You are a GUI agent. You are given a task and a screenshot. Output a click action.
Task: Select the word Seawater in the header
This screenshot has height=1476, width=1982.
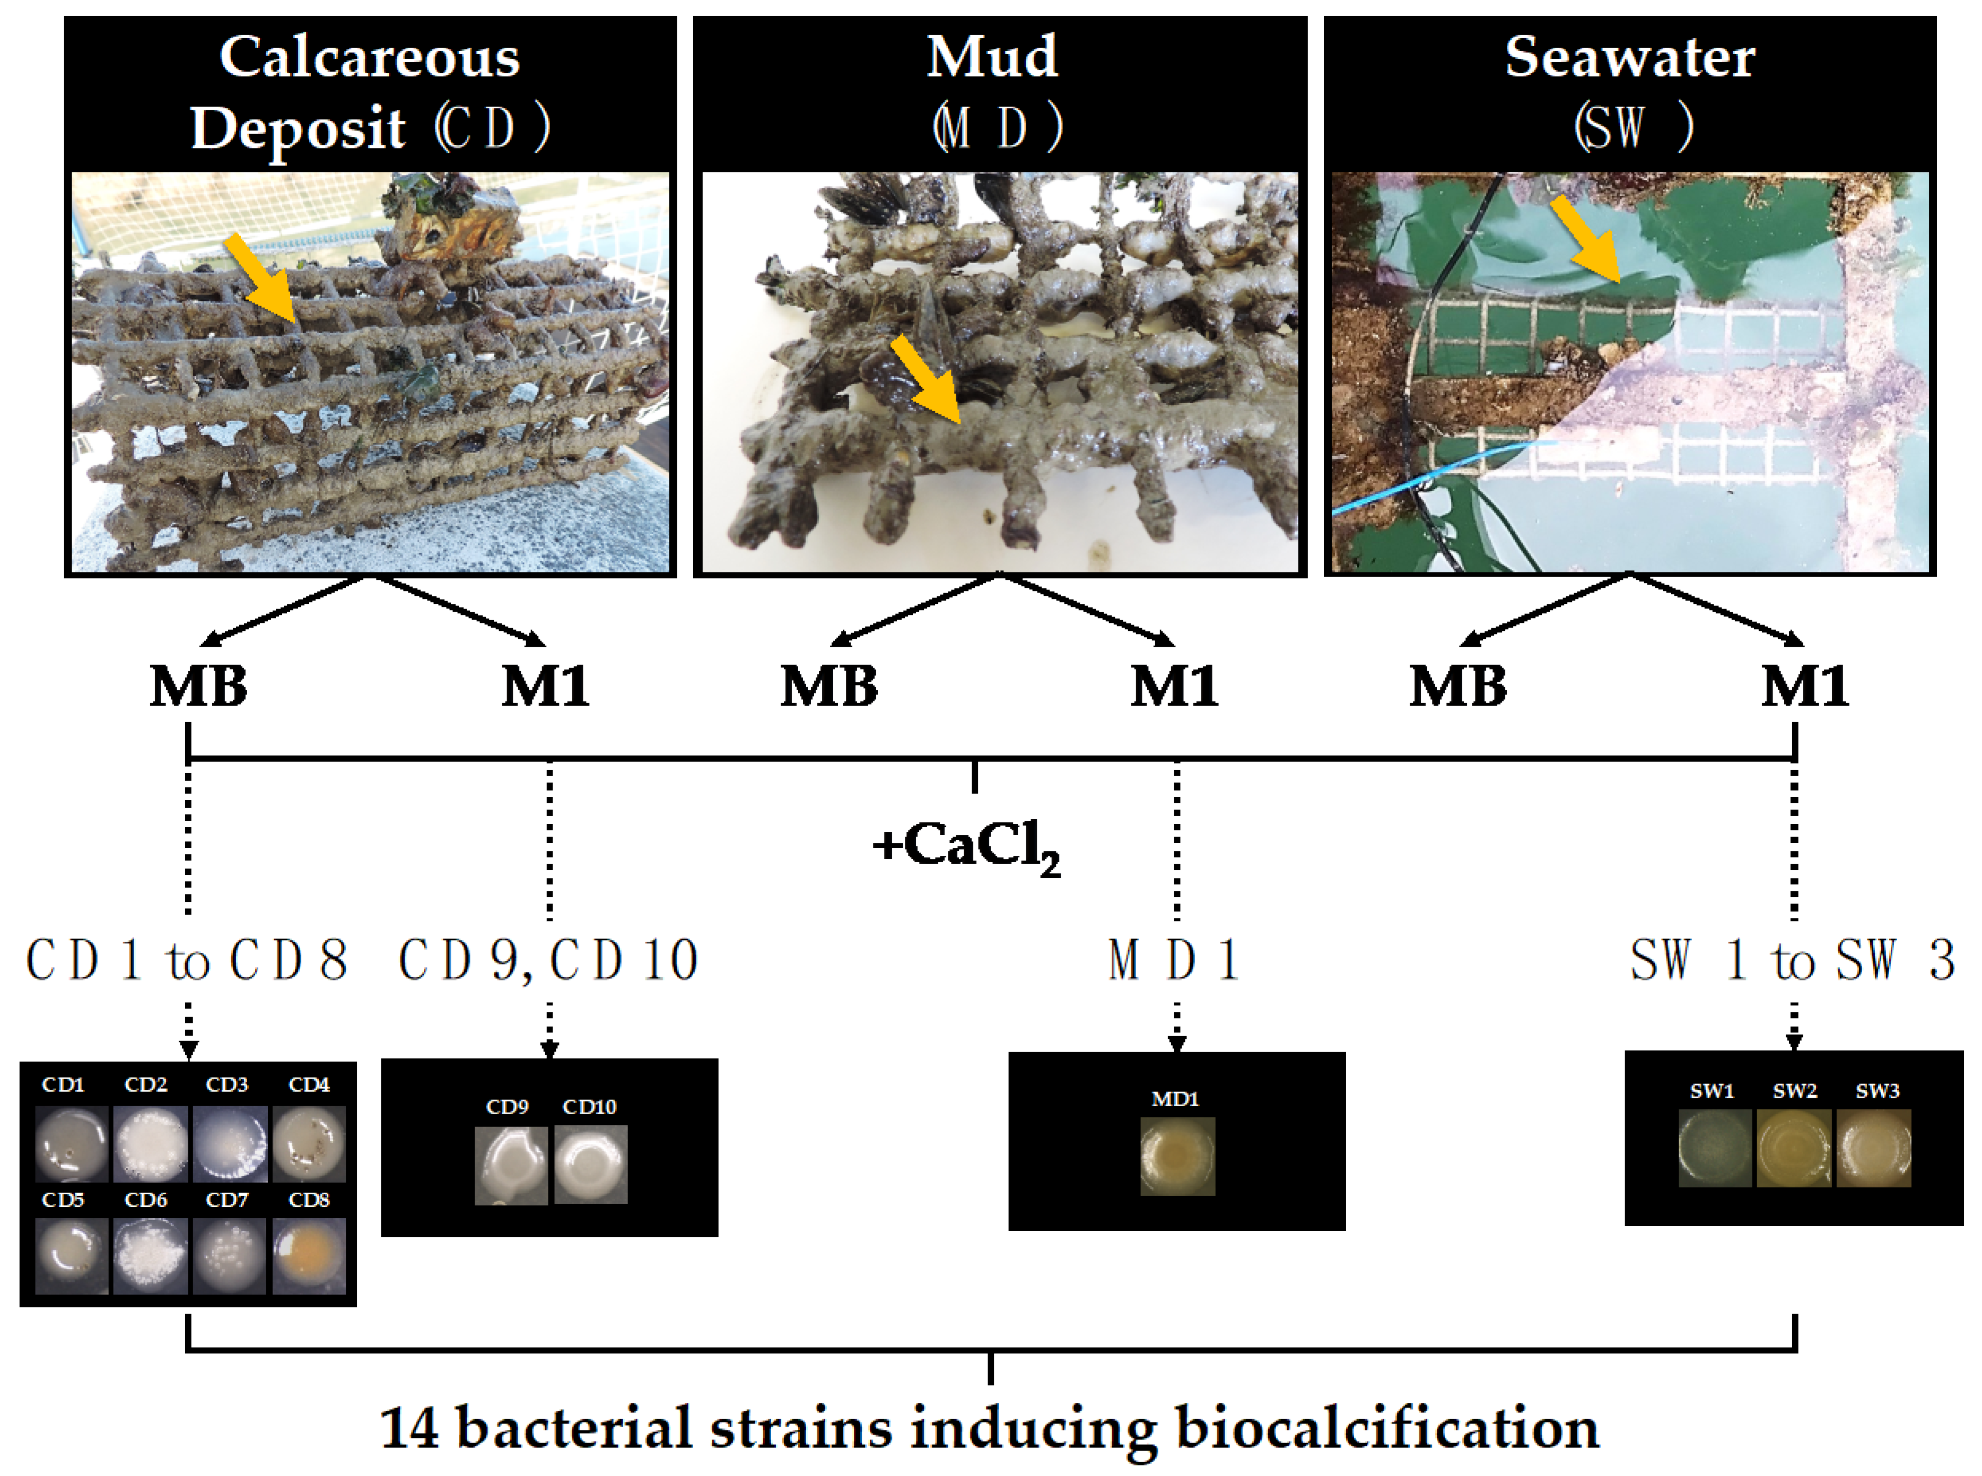pos(1629,57)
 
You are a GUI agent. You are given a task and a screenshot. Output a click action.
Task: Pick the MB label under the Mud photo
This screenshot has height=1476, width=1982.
pos(829,686)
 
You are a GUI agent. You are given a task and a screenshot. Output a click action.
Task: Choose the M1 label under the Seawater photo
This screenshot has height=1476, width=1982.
pos(1804,686)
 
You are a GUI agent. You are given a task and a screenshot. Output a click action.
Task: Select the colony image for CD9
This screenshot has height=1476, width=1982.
pos(511,1164)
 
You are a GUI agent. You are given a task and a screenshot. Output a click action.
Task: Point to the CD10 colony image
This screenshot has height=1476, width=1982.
pos(590,1164)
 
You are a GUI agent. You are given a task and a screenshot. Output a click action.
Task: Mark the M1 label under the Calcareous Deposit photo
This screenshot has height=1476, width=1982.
pos(545,686)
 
